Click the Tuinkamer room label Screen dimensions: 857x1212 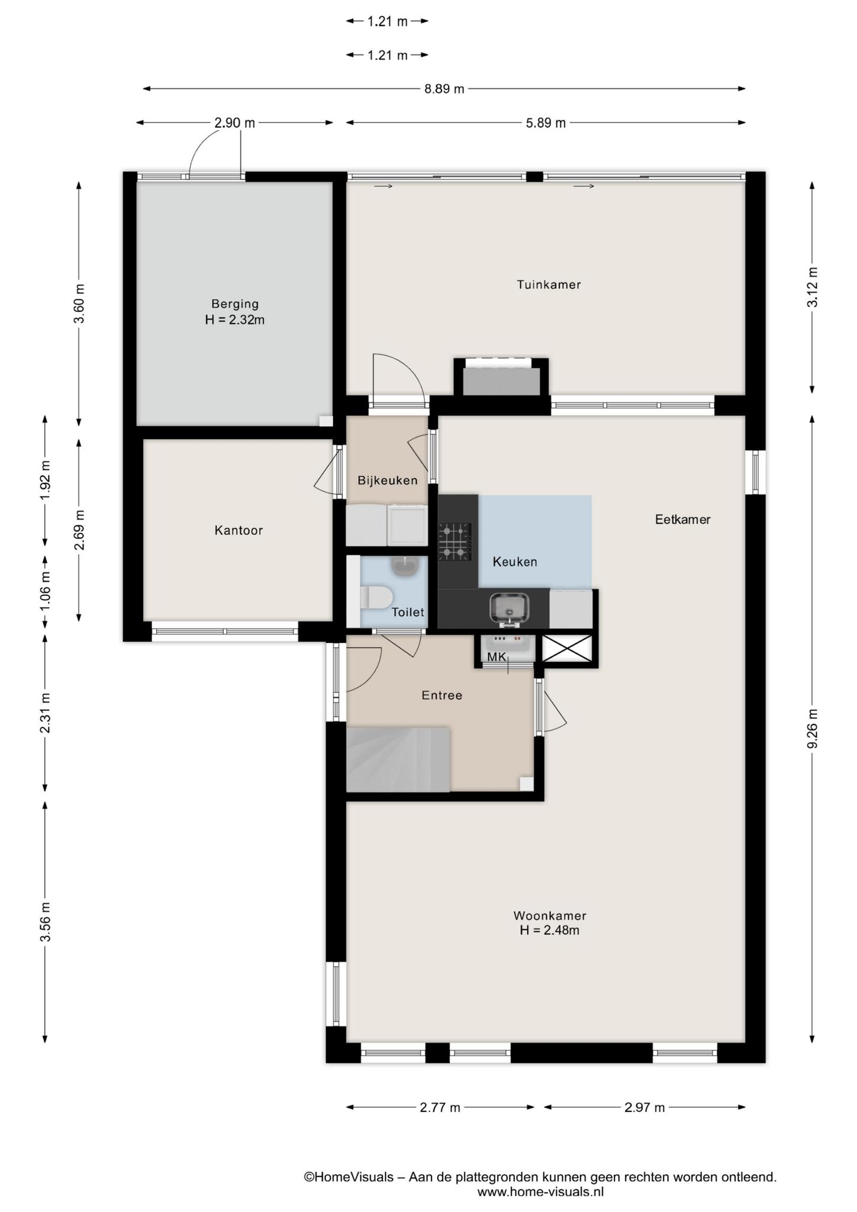(549, 285)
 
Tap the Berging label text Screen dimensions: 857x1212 (235, 304)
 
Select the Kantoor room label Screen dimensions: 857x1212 (239, 530)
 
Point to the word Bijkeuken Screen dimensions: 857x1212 (388, 481)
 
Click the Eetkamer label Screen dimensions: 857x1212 (682, 520)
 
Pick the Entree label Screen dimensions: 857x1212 (442, 695)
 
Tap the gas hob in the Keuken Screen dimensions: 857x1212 (455, 541)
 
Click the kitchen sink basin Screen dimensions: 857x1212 (510, 608)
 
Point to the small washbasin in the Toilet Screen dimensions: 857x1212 (405, 566)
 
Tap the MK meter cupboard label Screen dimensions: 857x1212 (497, 657)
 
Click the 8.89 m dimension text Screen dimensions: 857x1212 (444, 89)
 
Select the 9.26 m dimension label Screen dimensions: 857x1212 (813, 729)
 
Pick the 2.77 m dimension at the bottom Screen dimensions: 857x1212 (440, 1107)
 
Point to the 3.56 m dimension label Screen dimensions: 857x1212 (45, 922)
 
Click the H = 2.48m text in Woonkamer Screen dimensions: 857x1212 (549, 930)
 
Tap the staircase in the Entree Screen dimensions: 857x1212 (398, 760)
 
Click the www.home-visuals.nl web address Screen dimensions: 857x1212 (540, 1192)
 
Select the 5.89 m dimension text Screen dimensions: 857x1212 (546, 123)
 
